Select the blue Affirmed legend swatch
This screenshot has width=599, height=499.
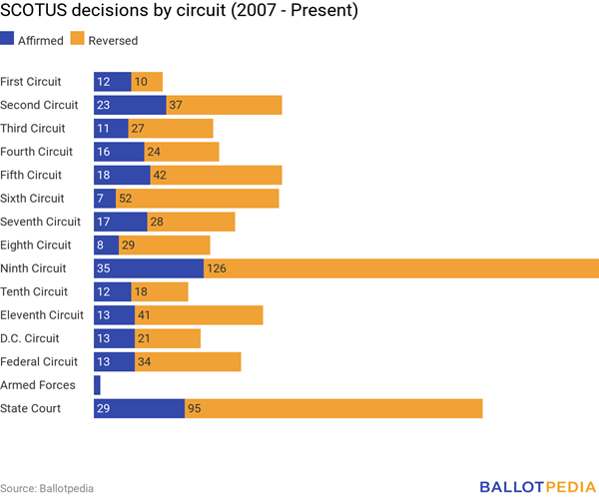pyautogui.click(x=7, y=41)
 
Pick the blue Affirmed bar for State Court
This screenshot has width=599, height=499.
pyautogui.click(x=139, y=408)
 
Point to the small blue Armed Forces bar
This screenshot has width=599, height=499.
pyautogui.click(x=97, y=385)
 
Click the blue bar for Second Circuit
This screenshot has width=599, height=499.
pyautogui.click(x=130, y=105)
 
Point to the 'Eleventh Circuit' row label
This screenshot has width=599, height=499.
pyautogui.click(x=42, y=315)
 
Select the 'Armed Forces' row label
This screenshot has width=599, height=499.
pyautogui.click(x=38, y=385)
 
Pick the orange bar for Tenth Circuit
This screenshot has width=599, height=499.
pyautogui.click(x=159, y=291)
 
